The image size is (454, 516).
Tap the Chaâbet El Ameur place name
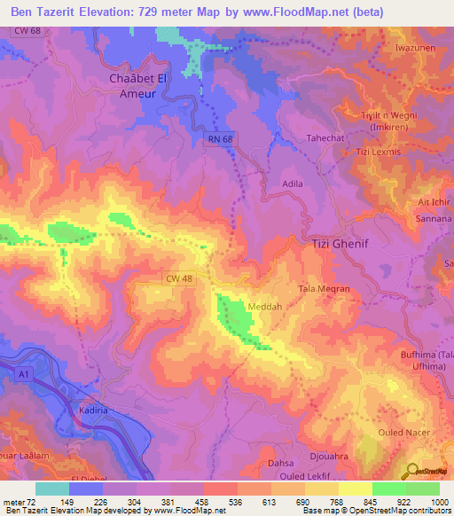(137, 86)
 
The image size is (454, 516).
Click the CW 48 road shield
(178, 278)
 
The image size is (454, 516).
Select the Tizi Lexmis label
(379, 152)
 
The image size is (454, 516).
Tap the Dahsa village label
(280, 463)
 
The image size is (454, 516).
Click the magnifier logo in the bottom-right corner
(411, 470)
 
